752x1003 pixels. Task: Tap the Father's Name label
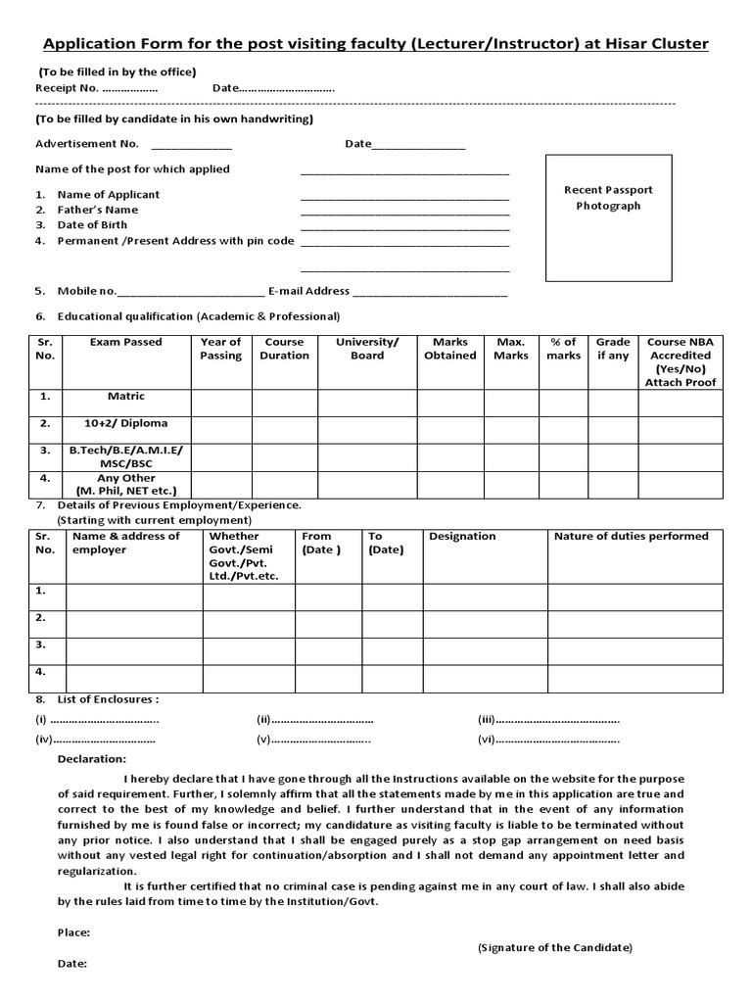point(97,210)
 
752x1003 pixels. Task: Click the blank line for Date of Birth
point(404,226)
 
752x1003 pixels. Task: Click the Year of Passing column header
point(220,349)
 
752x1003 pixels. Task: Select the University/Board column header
point(367,349)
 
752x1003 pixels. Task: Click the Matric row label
point(126,397)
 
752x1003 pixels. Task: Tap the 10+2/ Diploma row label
point(126,424)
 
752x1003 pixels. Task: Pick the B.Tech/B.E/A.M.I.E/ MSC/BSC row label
point(126,455)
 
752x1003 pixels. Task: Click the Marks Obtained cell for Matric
point(449,403)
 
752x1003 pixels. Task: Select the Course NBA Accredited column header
point(680,361)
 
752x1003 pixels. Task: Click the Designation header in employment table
point(462,537)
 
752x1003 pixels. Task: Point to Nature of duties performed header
point(631,537)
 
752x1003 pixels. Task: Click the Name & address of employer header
point(126,544)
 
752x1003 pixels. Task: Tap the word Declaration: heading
point(92,759)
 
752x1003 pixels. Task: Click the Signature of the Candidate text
point(554,948)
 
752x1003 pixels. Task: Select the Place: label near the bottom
point(74,932)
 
